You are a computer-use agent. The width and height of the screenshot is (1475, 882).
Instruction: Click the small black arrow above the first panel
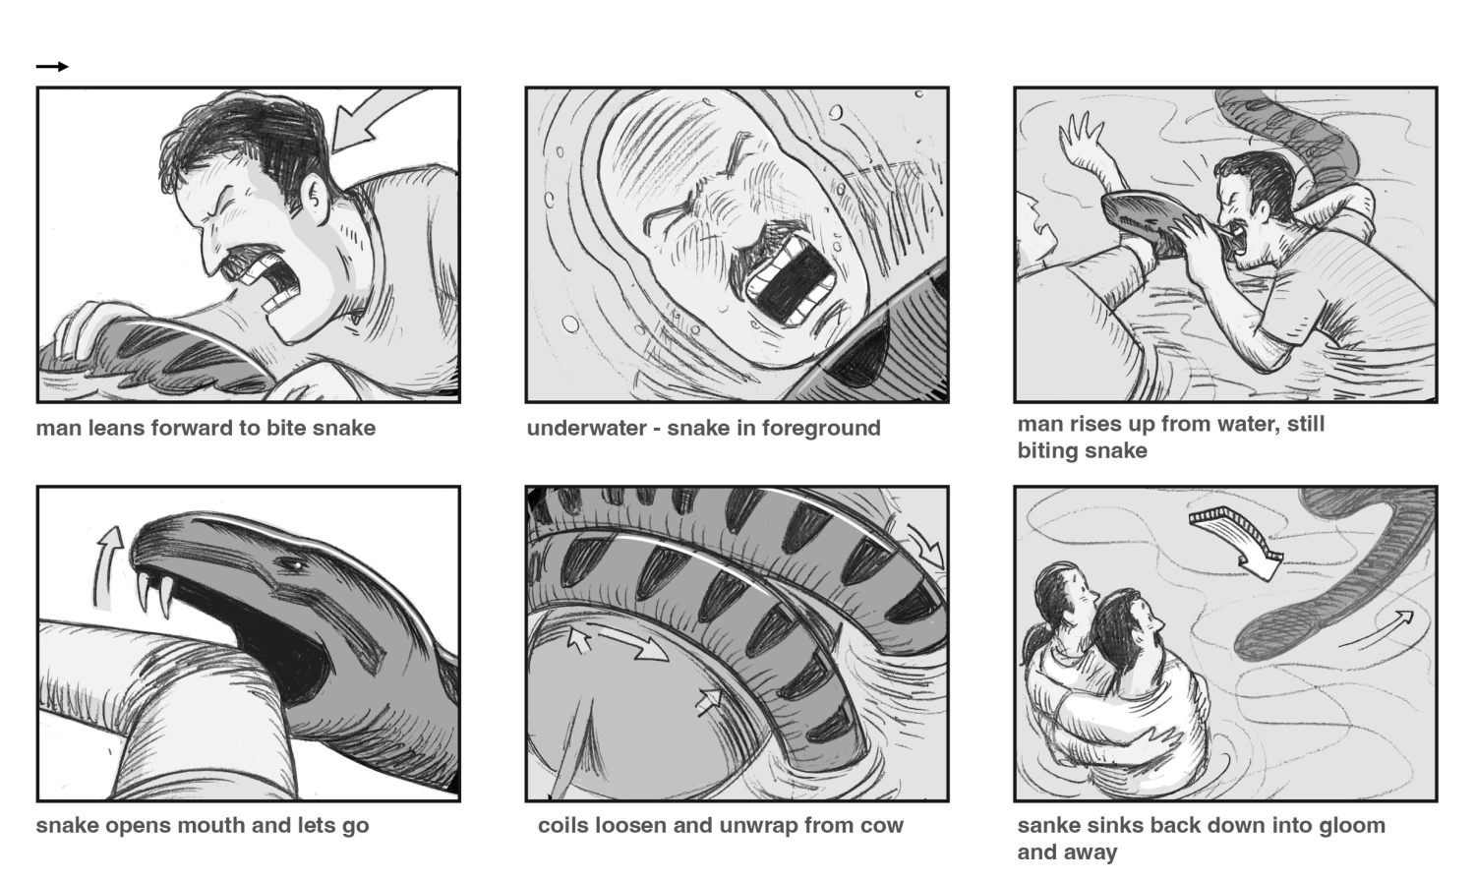click(x=52, y=66)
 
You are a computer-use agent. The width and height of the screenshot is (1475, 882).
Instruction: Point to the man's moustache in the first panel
click(x=250, y=257)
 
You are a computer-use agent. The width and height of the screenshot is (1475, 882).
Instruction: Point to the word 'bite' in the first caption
click(x=286, y=428)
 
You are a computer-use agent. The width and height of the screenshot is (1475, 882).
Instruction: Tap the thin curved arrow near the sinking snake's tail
click(x=1378, y=627)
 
